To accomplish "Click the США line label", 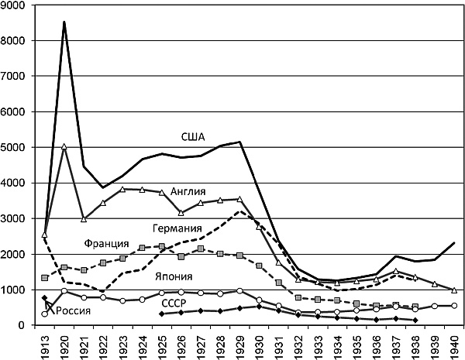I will [193, 137].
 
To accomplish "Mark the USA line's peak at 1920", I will [64, 22].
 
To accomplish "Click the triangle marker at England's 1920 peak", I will [64, 146].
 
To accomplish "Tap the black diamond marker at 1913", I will [44, 298].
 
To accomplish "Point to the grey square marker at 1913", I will [44, 278].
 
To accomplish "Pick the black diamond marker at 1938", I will [415, 321].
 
